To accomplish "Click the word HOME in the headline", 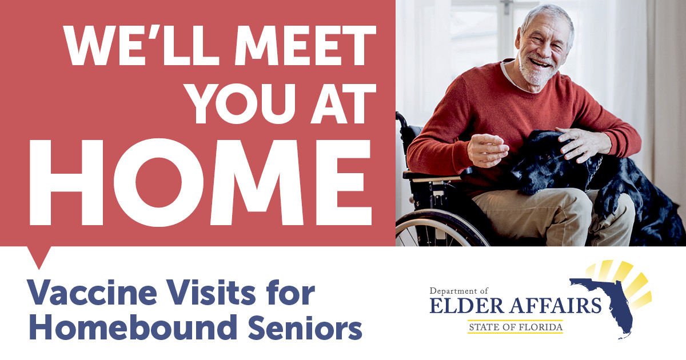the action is (x=201, y=182).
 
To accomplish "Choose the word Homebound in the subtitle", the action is (x=134, y=327).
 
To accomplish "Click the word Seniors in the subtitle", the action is (x=305, y=327).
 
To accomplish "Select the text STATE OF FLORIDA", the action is (x=516, y=327).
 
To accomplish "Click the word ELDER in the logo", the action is (x=466, y=306).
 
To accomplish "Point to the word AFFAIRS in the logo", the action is (x=555, y=306).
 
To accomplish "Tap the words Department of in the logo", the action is (x=458, y=290).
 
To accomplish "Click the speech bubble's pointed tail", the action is (x=39, y=258).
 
